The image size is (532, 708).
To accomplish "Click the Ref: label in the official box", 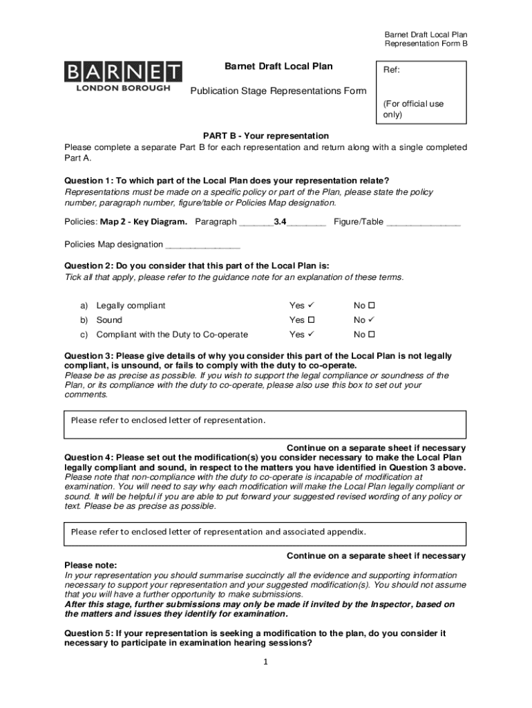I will click(392, 71).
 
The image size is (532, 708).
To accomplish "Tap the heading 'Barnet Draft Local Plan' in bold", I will click(278, 66).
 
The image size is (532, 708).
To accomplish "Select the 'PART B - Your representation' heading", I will click(265, 136).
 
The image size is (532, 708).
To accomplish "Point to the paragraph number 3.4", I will click(281, 222).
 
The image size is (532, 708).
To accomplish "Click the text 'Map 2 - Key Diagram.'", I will click(144, 222).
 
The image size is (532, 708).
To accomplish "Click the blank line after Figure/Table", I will click(423, 223).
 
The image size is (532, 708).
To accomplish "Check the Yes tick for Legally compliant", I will click(312, 306).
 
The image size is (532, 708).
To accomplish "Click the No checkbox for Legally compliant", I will click(371, 306).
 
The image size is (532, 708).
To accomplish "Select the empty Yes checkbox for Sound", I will click(311, 320).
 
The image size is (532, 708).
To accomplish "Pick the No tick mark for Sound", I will click(372, 320).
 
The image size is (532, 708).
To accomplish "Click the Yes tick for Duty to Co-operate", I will click(312, 335).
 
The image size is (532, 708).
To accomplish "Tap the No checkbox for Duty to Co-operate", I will click(371, 335).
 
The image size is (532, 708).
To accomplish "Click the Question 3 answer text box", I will click(265, 425).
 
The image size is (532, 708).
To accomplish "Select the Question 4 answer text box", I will click(265, 534).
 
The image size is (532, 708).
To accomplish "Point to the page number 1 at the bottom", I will click(265, 662).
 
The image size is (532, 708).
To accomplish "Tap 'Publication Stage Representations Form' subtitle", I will click(278, 91).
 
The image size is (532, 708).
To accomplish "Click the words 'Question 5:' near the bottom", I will click(89, 633).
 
